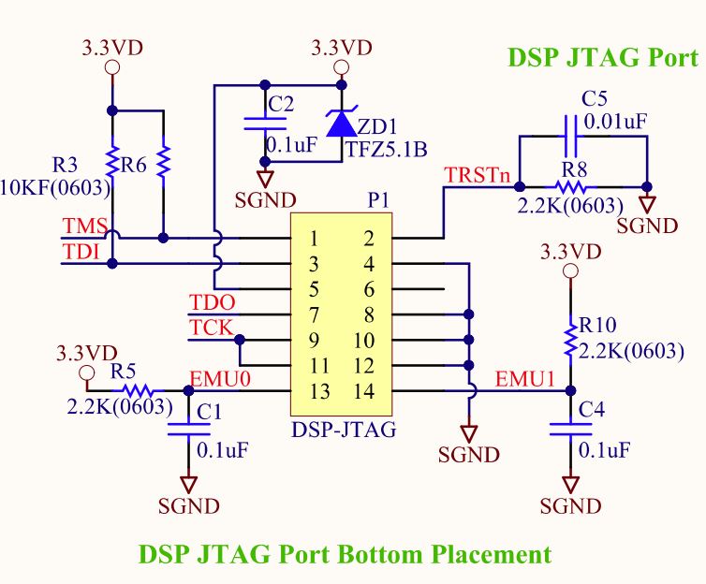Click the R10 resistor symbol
tap(568, 340)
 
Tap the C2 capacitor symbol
tap(266, 122)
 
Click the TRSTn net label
tap(478, 175)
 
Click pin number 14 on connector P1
tap(368, 389)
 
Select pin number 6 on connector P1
tap(368, 288)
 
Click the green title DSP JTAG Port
tap(602, 58)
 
